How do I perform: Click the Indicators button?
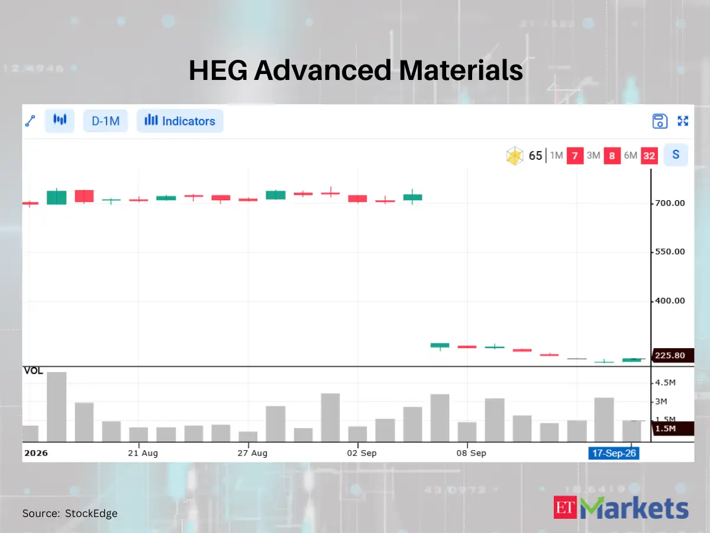click(180, 121)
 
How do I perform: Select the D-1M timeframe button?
click(106, 121)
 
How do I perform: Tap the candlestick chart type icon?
click(60, 120)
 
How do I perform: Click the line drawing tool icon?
click(30, 121)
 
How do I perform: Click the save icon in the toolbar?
click(660, 121)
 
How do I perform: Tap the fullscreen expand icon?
click(683, 121)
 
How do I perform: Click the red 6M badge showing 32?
click(649, 156)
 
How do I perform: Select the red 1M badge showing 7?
click(575, 156)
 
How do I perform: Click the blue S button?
click(676, 155)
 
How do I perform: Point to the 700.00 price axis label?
click(670, 203)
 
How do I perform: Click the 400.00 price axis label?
click(670, 301)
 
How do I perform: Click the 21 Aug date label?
click(143, 453)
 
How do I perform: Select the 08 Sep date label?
click(472, 453)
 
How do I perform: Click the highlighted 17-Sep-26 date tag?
click(614, 453)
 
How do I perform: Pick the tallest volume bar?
click(57, 407)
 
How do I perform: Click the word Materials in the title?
click(460, 70)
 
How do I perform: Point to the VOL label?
click(33, 371)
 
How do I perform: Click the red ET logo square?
click(565, 508)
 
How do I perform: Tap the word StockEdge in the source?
click(91, 513)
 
